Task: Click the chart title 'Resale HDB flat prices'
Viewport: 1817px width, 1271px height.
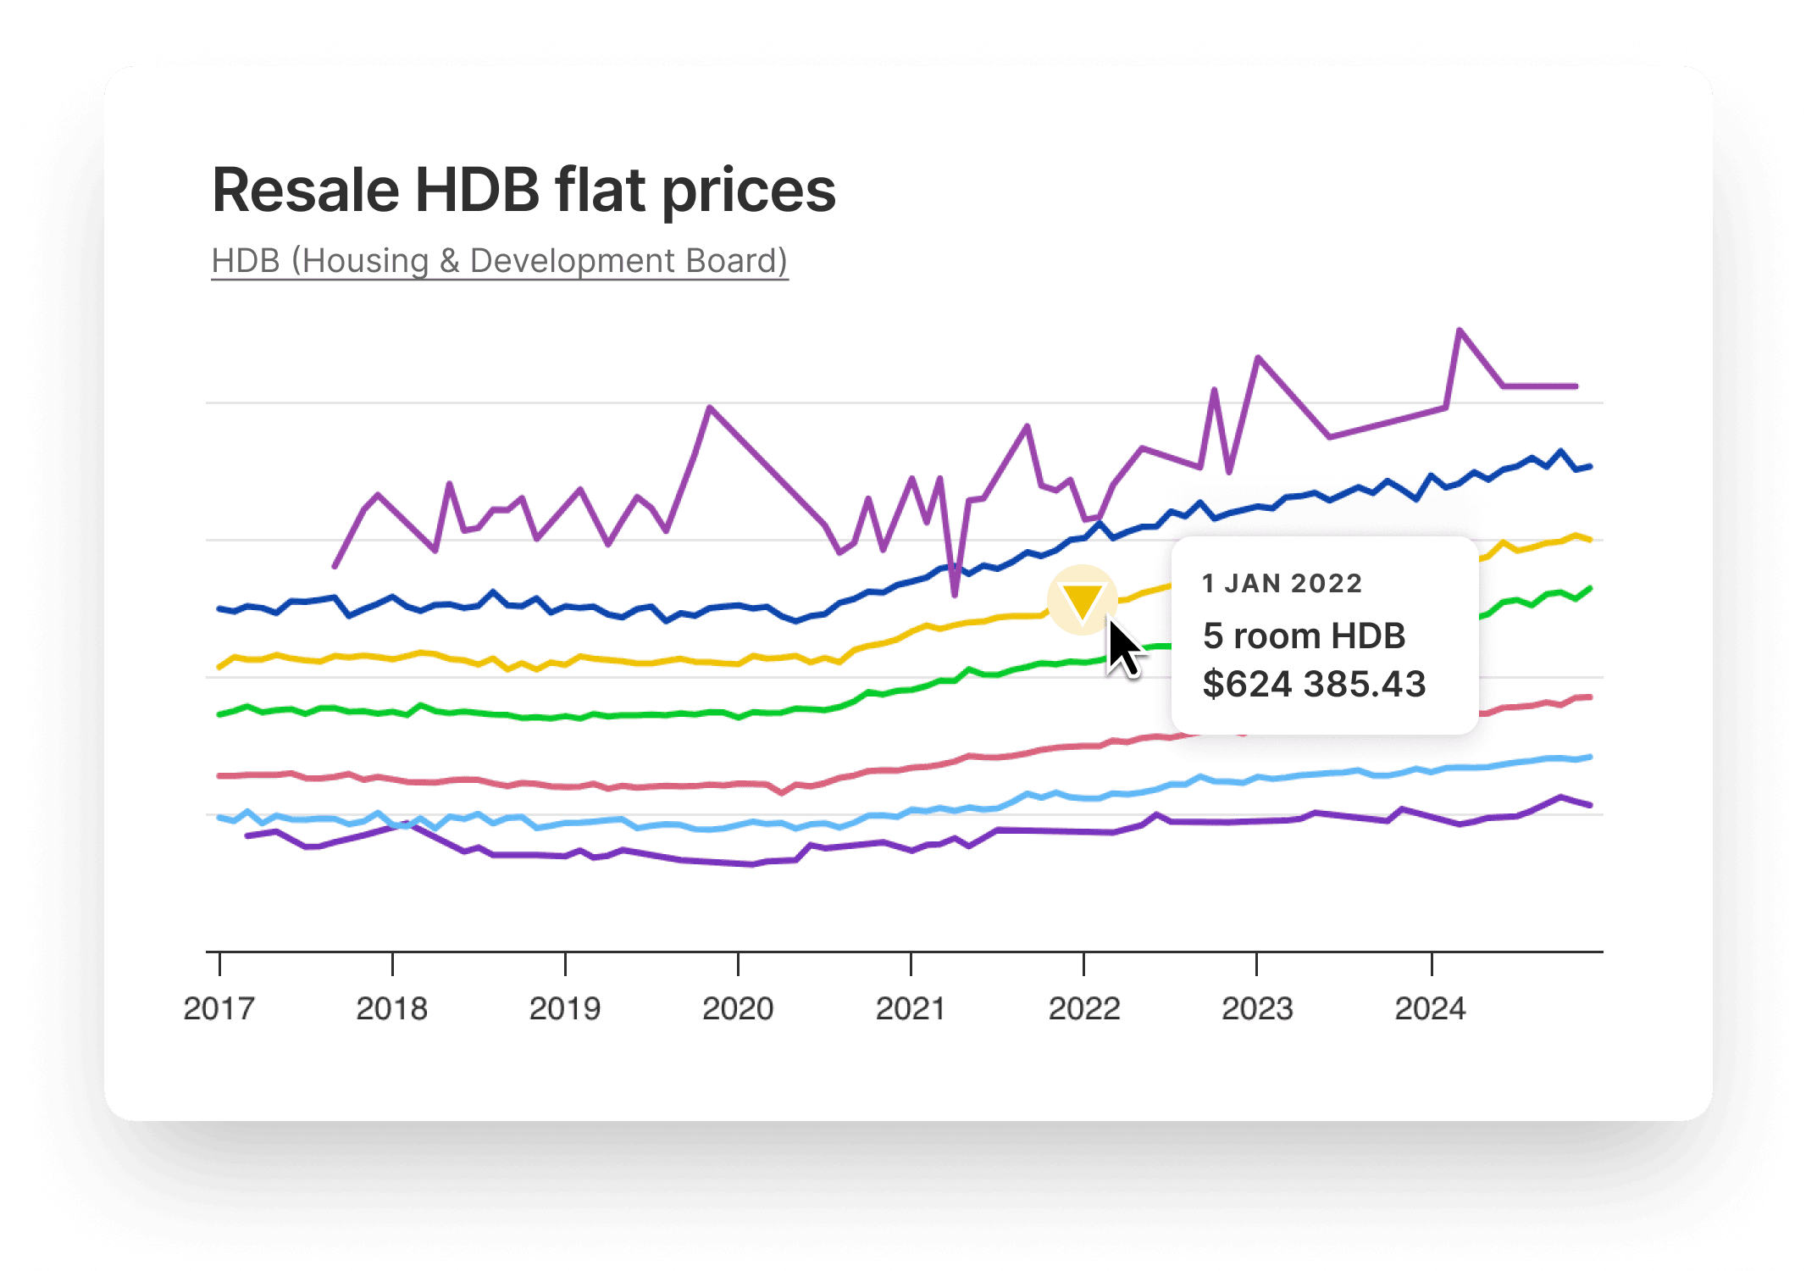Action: (523, 190)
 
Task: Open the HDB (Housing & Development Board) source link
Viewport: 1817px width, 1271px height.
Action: (500, 261)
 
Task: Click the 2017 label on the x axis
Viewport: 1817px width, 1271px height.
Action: (219, 1008)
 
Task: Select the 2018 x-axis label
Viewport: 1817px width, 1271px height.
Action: (391, 1008)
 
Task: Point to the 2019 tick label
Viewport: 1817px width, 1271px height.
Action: (565, 1008)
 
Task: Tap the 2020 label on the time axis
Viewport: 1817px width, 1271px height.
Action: (738, 1008)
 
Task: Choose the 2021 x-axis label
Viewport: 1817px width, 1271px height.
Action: (911, 1008)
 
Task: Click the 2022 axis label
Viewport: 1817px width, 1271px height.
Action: (1084, 1008)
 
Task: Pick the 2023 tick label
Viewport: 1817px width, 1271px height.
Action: (1257, 1008)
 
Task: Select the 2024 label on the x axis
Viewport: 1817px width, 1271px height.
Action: (1430, 1008)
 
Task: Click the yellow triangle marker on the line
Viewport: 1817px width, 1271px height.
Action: (1083, 600)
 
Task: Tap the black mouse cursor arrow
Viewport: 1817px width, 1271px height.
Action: (1122, 649)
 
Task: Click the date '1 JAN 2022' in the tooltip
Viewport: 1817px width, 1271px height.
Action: (1282, 583)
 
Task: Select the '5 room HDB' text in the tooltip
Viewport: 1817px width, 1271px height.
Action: (1304, 635)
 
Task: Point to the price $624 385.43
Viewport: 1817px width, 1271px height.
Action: (1314, 684)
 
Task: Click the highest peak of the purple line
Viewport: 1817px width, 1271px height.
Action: (1460, 330)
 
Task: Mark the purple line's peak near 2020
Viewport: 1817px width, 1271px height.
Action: (710, 408)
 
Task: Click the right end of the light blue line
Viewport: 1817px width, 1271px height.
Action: (1590, 757)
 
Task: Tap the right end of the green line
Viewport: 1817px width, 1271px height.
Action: (1590, 588)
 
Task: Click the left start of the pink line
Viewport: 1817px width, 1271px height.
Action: (220, 775)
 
